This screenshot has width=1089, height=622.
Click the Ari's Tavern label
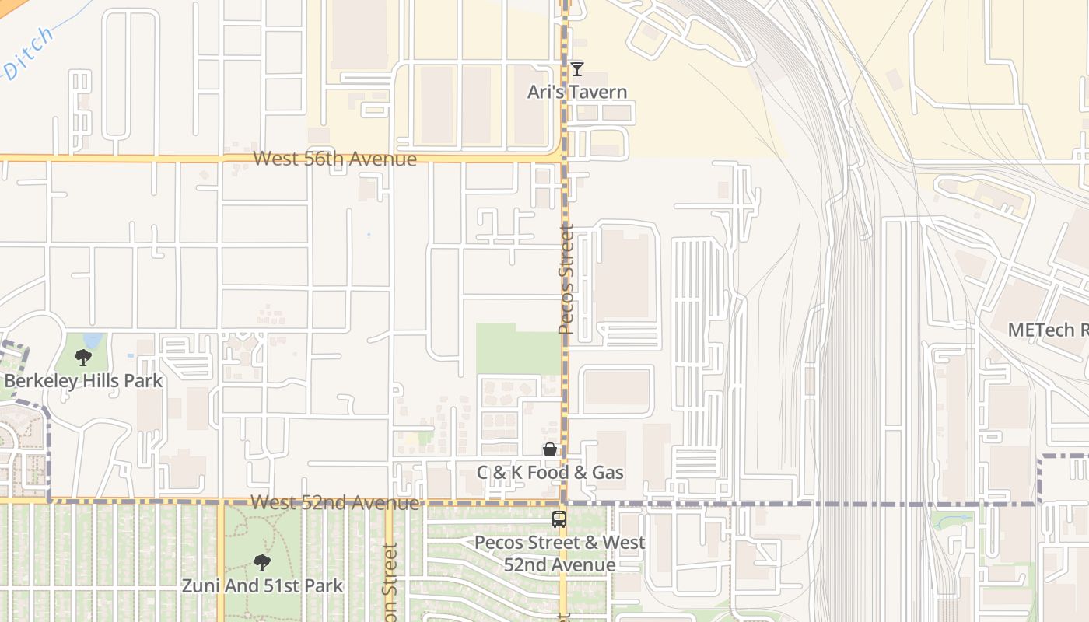pos(576,92)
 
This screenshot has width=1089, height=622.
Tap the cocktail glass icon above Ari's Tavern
pos(576,69)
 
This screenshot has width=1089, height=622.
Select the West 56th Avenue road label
pos(334,159)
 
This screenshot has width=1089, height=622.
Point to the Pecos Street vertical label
pos(566,280)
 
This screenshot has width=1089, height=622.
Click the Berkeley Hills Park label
pos(83,380)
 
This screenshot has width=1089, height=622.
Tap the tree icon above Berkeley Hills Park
pos(82,358)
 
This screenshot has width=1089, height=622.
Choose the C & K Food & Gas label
pos(550,472)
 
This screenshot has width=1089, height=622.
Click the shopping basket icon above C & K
pos(550,449)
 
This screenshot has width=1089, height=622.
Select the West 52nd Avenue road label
pos(334,503)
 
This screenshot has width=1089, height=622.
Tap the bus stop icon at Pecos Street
pos(559,519)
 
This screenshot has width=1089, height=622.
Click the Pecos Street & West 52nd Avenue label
pos(559,554)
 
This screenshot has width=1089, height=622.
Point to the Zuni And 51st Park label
pos(262,585)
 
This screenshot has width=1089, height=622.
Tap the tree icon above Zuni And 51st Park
pos(262,562)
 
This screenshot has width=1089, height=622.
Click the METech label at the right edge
pos(1047,330)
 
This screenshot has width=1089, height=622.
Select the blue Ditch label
pos(29,53)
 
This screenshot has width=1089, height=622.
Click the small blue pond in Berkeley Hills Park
pos(93,341)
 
